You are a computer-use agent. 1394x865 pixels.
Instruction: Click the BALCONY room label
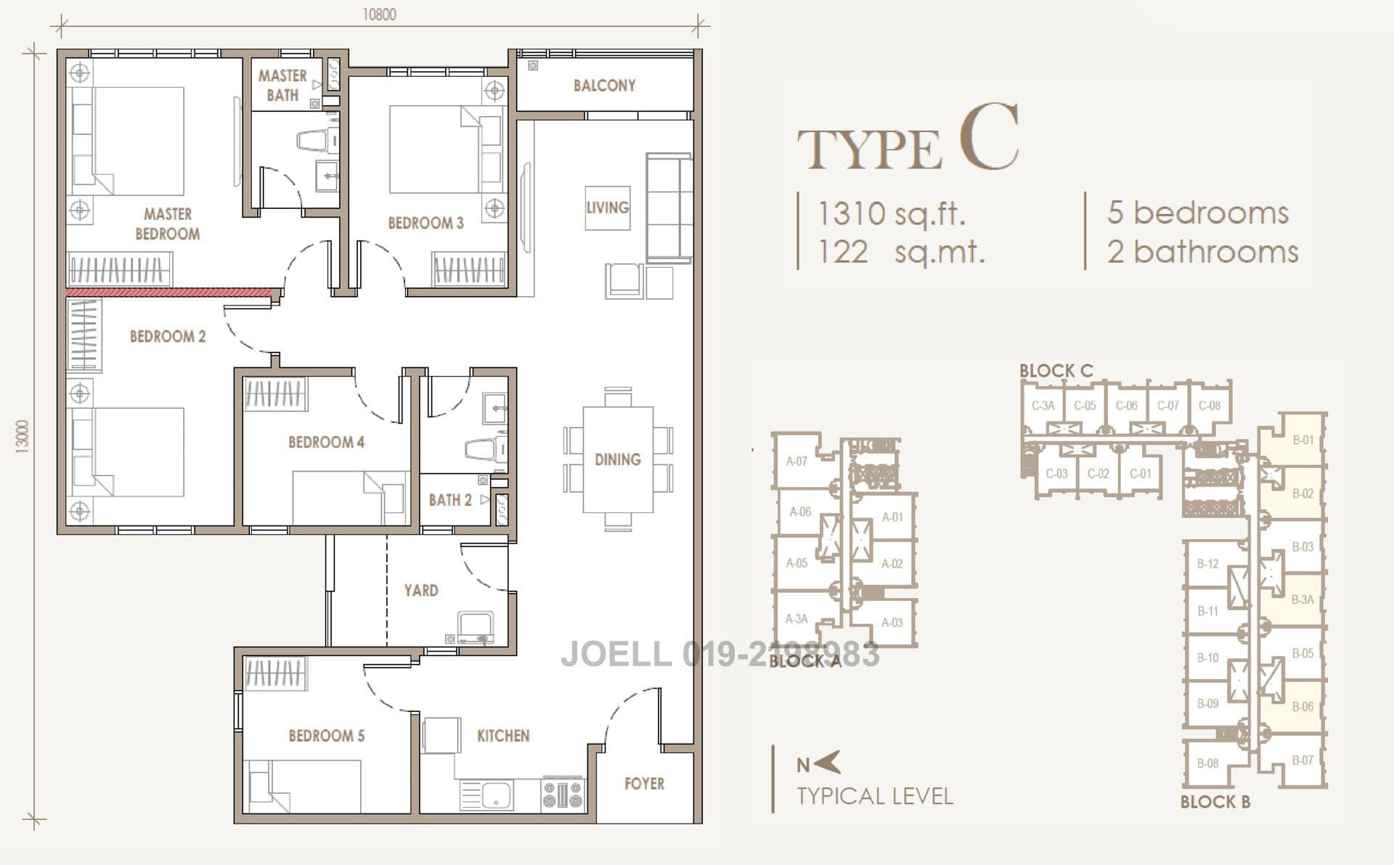coord(604,86)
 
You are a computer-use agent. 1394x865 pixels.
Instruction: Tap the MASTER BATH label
coord(282,85)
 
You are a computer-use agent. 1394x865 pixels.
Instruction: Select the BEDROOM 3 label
coord(425,223)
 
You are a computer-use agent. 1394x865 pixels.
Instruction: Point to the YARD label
coord(421,590)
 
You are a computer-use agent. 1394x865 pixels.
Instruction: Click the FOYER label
coord(644,783)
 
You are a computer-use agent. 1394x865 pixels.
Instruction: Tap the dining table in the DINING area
coord(617,459)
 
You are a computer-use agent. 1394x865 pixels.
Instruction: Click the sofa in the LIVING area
coord(668,208)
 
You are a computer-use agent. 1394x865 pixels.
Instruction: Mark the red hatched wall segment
coord(168,292)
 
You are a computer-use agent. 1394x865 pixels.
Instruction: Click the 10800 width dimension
coord(379,15)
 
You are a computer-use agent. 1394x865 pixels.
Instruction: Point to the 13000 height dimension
coord(23,436)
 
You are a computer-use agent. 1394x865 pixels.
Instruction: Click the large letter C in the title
coord(988,138)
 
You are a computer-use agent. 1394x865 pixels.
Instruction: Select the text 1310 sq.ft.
coord(892,213)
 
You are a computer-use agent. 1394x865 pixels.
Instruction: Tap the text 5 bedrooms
coord(1197,213)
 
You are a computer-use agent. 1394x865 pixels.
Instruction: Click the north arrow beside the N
coord(828,763)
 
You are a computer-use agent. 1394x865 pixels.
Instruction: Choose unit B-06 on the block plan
coord(1303,706)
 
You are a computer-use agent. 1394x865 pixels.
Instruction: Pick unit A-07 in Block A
coord(796,461)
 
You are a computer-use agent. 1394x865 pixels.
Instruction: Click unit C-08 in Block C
coord(1210,406)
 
